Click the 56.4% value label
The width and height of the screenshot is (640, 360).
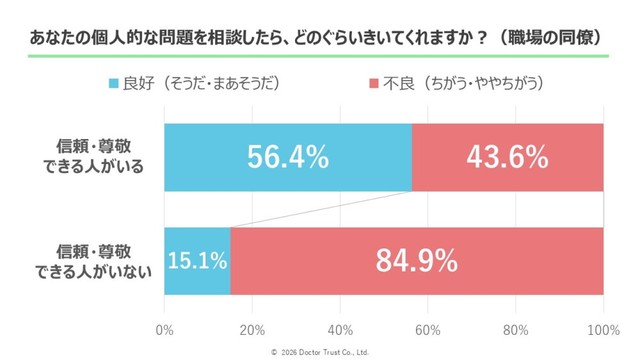pos(288,158)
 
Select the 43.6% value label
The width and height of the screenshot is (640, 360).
pos(507,158)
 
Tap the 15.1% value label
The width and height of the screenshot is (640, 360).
pos(197,261)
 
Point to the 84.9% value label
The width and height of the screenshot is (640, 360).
pos(416,261)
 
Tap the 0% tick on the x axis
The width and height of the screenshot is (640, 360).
pos(165,330)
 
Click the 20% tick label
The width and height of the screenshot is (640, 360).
pos(252,330)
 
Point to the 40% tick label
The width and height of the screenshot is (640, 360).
pos(340,330)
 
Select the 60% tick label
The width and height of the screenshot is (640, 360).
pos(428,330)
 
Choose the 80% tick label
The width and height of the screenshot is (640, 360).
pos(516,330)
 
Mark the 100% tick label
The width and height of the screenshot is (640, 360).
pos(602,330)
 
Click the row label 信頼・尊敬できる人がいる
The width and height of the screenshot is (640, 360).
pos(99,158)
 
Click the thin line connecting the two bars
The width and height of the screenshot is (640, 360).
pos(320,209)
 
